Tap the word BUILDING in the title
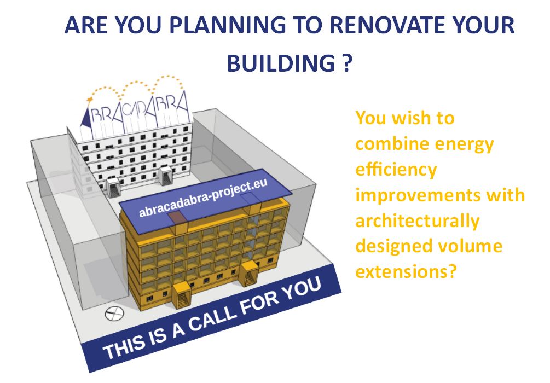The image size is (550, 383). coord(281,63)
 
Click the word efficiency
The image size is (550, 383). coord(396,169)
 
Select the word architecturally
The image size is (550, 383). coord(418,220)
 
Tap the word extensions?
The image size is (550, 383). coord(406,271)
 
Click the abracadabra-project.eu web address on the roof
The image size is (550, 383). coord(203,198)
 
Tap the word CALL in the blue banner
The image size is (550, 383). coord(211,320)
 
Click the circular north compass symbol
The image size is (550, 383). coord(114,313)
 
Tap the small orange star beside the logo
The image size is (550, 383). coord(90,100)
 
